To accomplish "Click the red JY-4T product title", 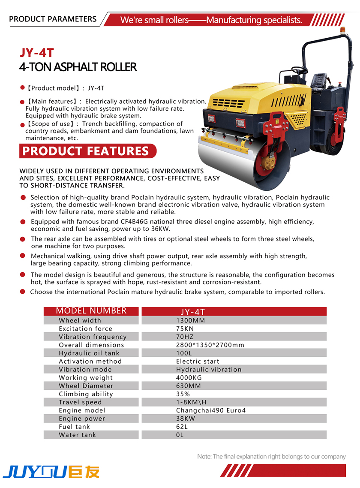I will coord(37,53).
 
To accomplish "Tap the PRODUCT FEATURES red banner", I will coord(86,151).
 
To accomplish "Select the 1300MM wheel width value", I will coord(190,320).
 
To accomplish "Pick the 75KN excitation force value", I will coord(185,328).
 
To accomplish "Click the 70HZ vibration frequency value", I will coord(185,337).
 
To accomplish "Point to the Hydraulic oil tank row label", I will coord(89,353).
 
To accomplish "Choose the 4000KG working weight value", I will coord(189,377).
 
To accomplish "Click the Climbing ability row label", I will coord(86,394).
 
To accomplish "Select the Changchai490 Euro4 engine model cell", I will coord(211,410).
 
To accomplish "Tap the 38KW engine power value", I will coord(185,418).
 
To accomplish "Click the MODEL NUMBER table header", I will coord(91,311).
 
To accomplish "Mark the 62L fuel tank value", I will coord(182,426).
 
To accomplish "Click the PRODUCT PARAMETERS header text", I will coord(53,19).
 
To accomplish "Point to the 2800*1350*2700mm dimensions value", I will coord(210,345).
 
